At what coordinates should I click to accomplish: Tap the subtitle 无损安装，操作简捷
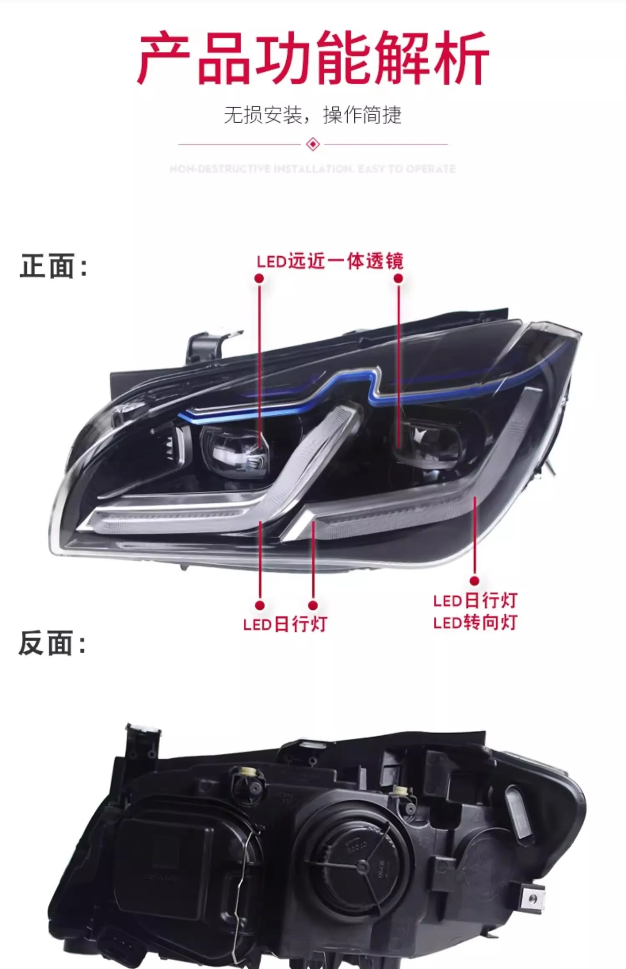pos(313,115)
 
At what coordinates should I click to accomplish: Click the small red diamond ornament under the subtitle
pos(313,144)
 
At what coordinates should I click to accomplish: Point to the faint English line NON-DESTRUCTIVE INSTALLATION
pos(313,169)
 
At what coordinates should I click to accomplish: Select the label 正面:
pos(54,266)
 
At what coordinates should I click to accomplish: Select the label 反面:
pos(53,643)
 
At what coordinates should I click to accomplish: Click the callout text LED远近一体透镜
pos(330,262)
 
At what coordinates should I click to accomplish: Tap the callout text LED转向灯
pos(475,623)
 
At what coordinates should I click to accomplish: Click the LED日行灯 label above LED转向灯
pos(475,601)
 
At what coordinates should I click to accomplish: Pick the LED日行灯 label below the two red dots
pos(285,625)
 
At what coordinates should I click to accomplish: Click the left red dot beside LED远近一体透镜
pos(259,278)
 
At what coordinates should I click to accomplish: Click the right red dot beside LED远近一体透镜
pos(399,278)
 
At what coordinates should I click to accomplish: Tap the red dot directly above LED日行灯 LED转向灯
pos(474,580)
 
